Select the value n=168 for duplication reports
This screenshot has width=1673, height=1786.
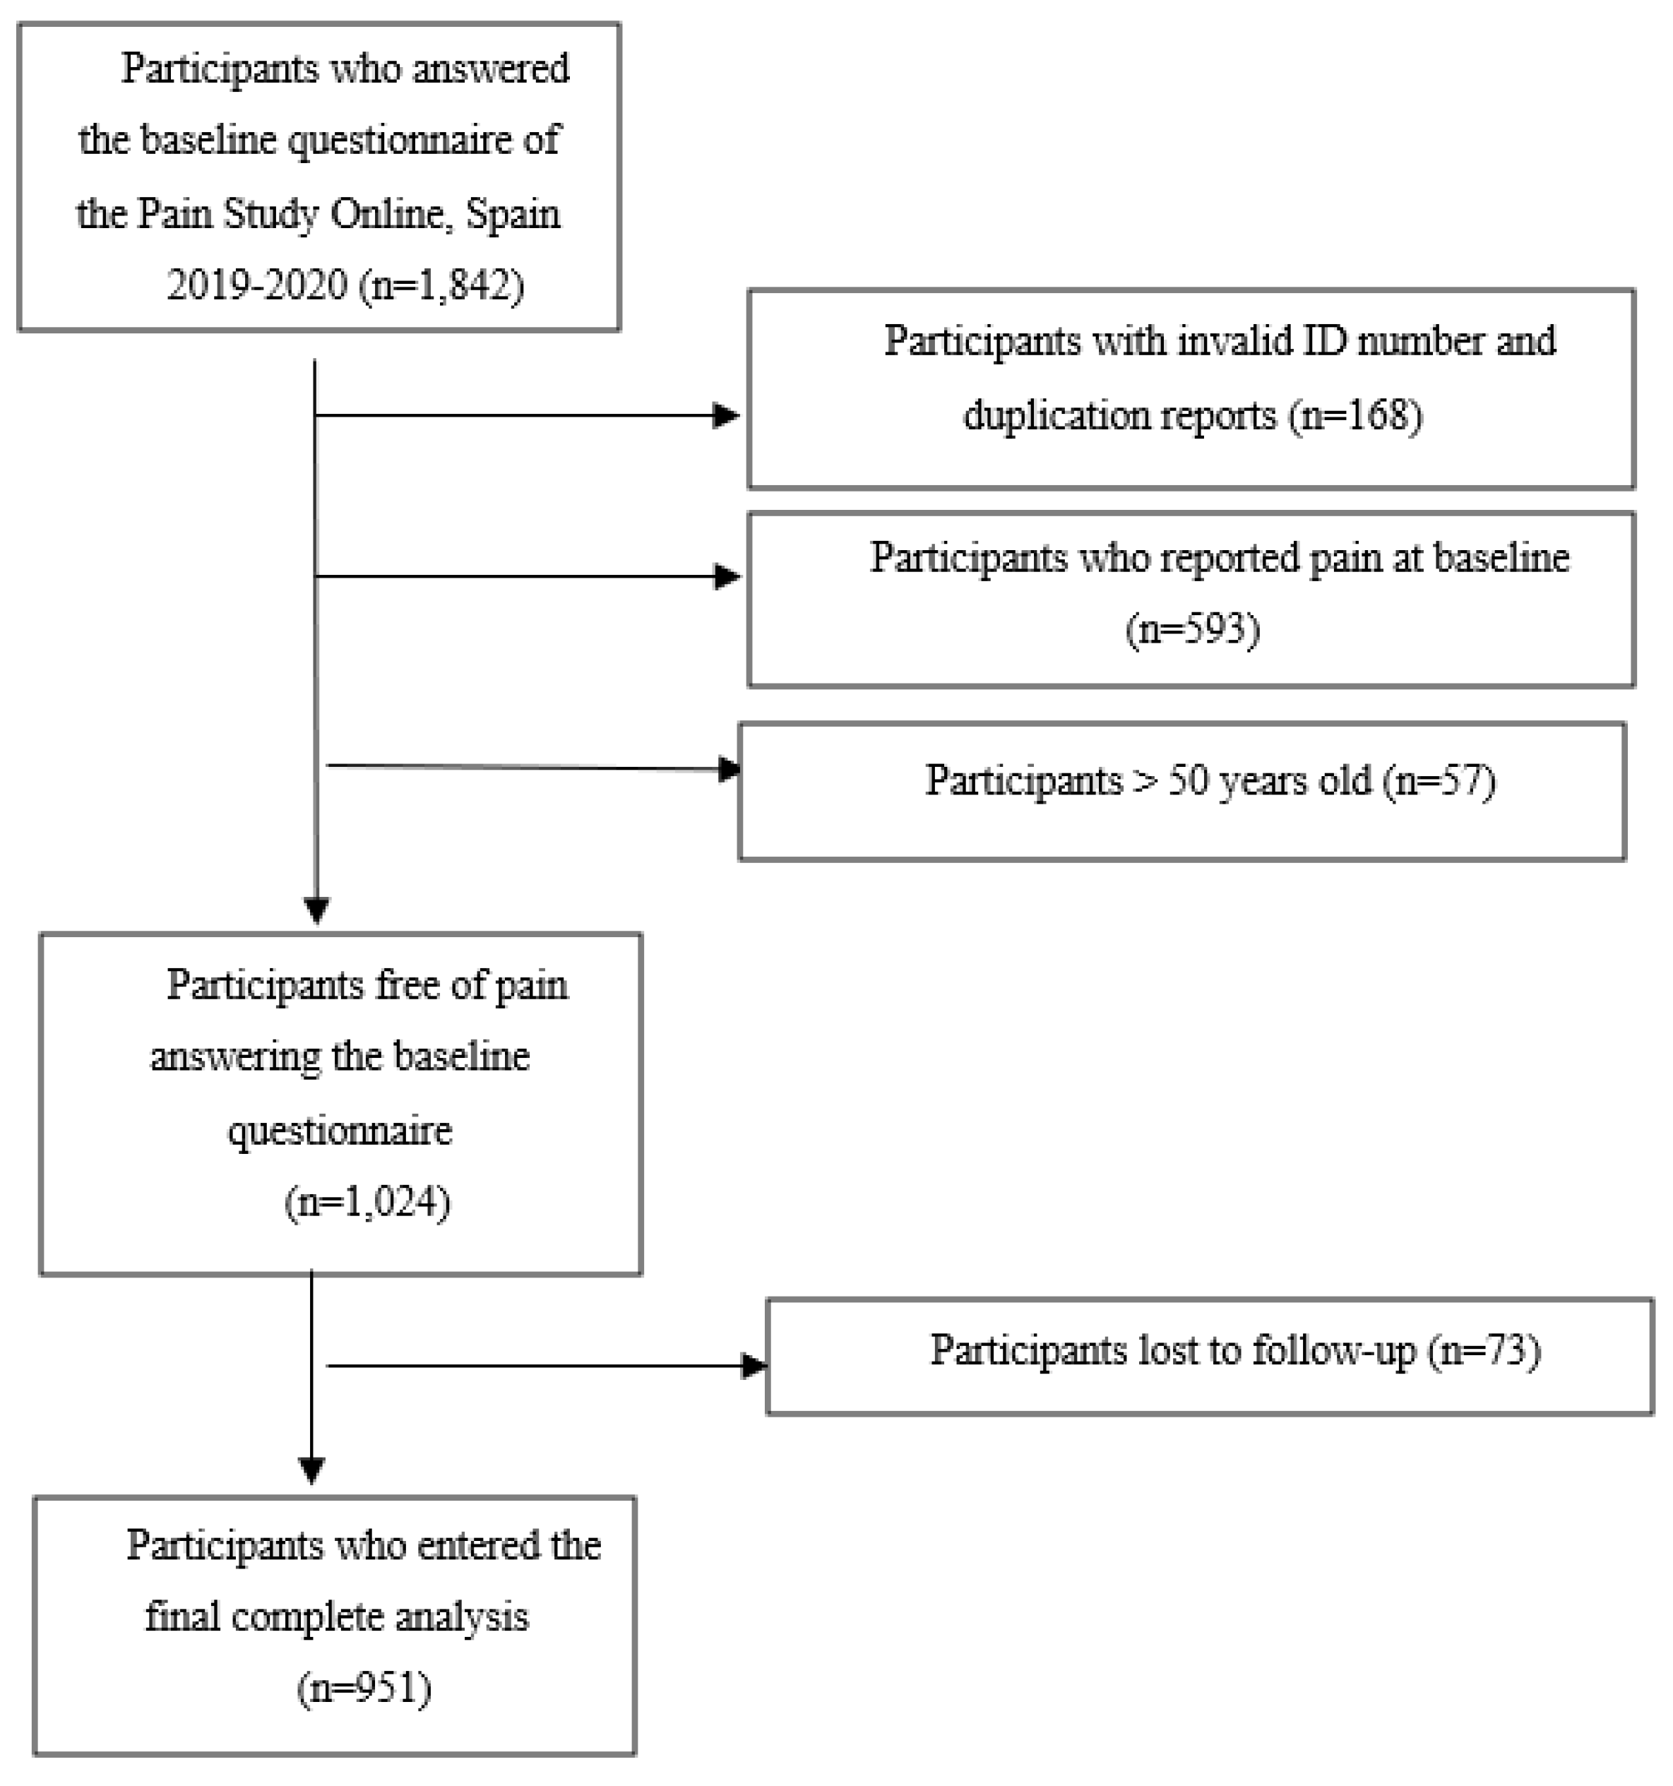tap(1356, 415)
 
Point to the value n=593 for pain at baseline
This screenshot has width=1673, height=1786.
tap(1192, 629)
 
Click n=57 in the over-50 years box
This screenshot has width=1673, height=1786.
tap(1439, 780)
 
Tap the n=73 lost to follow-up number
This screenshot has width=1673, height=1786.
tap(1484, 1350)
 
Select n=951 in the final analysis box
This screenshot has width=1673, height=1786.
tap(364, 1688)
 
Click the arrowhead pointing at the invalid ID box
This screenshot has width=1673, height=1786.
tap(725, 415)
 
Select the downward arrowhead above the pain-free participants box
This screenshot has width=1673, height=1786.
tap(316, 909)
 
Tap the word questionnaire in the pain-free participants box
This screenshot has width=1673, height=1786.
tap(340, 1130)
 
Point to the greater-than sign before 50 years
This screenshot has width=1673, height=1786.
tap(1145, 780)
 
